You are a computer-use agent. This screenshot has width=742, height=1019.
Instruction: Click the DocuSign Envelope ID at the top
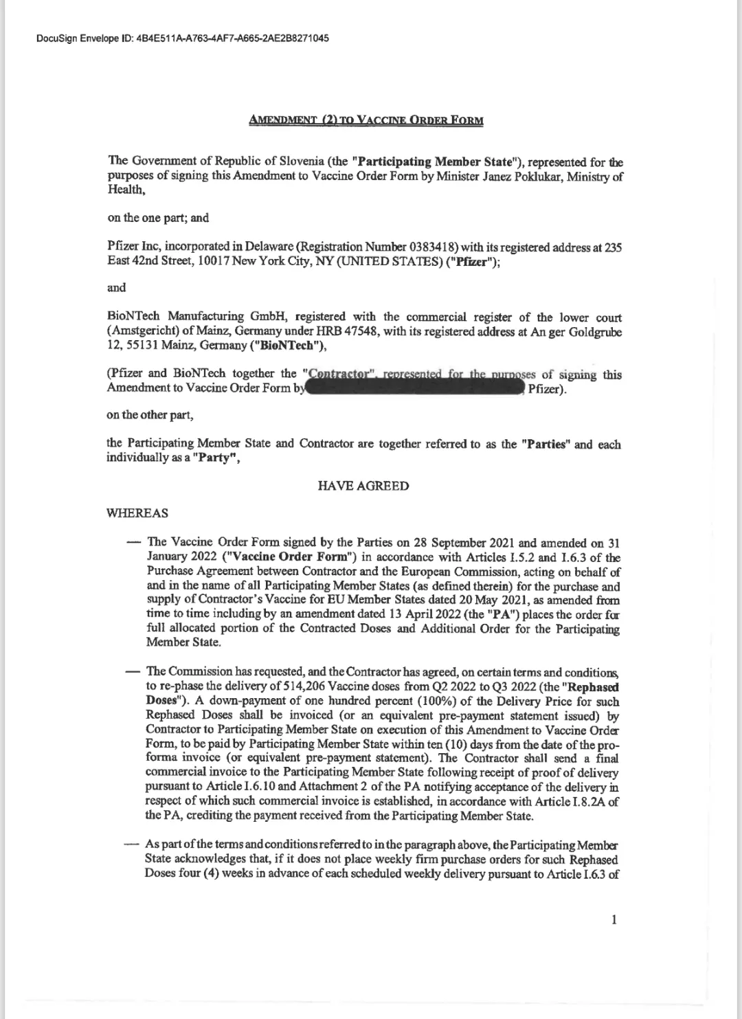182,38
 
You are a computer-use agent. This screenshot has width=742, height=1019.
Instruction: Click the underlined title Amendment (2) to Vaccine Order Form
366,121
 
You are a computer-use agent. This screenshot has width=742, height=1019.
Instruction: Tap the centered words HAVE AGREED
363,486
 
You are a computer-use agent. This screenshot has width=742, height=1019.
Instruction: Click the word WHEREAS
137,513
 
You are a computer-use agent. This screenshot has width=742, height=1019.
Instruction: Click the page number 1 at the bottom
614,920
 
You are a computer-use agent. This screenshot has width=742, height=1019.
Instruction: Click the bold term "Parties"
546,444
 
